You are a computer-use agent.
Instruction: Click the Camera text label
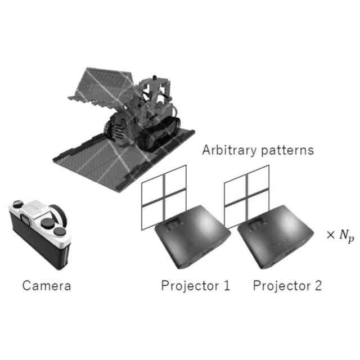tap(47, 286)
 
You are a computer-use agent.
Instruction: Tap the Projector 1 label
tap(195, 286)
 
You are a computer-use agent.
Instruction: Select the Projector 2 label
tap(287, 286)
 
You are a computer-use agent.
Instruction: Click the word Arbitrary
tap(229, 151)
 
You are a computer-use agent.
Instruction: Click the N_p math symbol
tap(346, 236)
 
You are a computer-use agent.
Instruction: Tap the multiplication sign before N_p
tap(331, 235)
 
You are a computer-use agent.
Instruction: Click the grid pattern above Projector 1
tap(164, 197)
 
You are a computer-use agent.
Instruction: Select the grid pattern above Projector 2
tap(246, 197)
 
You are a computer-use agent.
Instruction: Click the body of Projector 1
tap(192, 236)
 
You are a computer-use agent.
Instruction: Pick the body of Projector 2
tap(275, 236)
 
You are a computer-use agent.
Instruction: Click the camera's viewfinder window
tap(26, 219)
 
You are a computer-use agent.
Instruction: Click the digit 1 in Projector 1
tap(227, 286)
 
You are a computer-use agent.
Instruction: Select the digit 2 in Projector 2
tap(318, 286)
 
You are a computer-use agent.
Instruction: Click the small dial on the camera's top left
tap(17, 204)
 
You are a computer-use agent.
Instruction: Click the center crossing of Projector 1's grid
tap(164, 197)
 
